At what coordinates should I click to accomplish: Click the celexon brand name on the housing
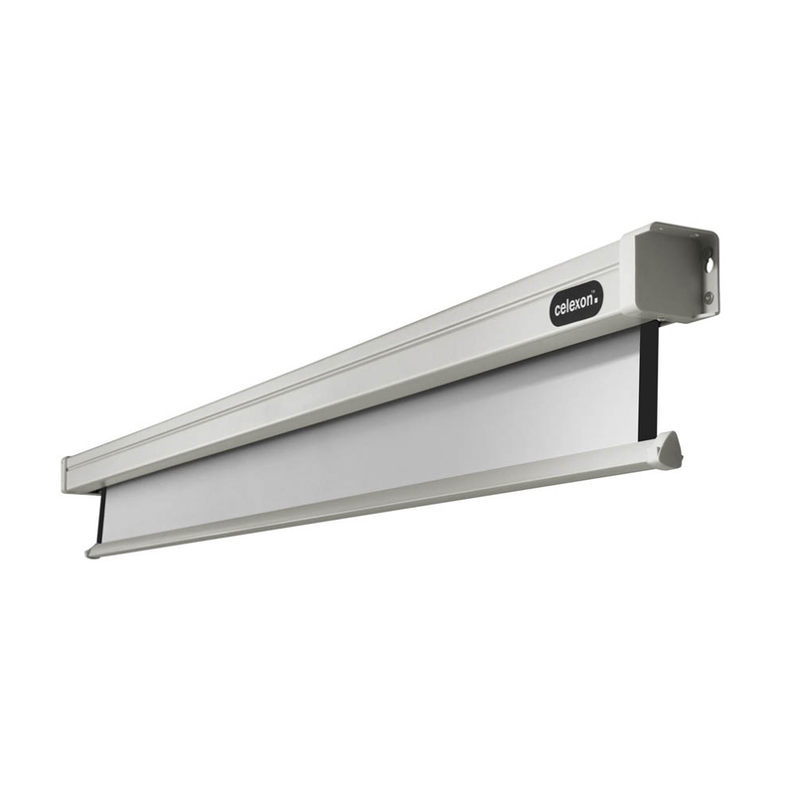point(573,305)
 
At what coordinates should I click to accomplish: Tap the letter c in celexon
point(557,310)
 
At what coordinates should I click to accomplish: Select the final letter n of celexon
point(589,300)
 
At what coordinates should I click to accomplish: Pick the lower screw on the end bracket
point(708,296)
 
